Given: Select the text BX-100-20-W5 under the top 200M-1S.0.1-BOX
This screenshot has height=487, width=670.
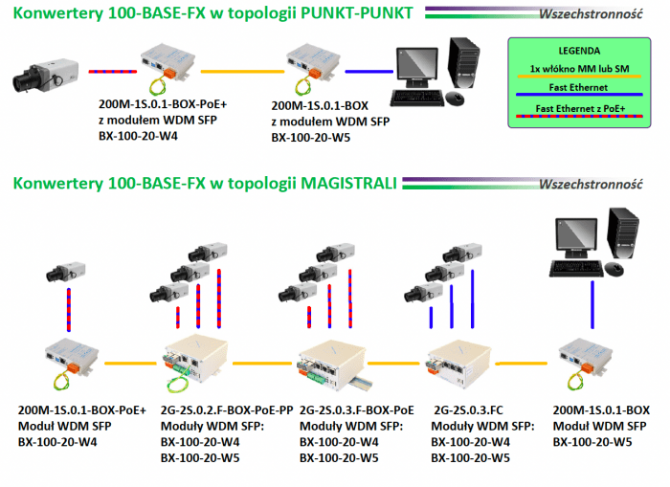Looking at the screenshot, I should click(x=311, y=137).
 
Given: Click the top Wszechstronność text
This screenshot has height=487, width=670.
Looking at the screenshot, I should click(x=590, y=15).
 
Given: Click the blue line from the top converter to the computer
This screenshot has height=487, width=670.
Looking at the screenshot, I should click(x=369, y=72).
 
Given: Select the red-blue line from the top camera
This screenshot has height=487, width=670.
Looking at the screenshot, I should click(x=106, y=72).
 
